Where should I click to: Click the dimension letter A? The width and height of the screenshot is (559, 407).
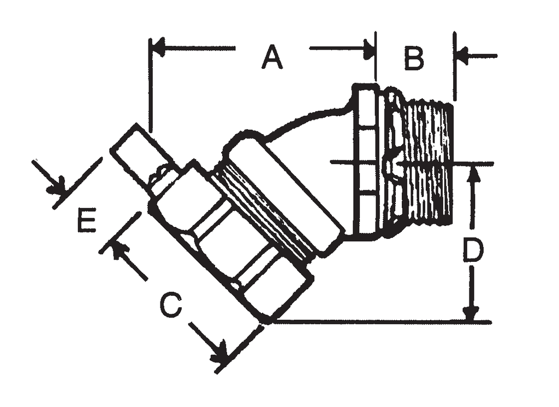click(x=272, y=57)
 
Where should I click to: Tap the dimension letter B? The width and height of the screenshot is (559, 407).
click(x=414, y=59)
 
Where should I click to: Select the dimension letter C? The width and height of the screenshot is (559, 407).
click(x=170, y=306)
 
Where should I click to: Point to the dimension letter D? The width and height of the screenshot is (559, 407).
click(x=473, y=251)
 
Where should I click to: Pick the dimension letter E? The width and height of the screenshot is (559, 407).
click(x=87, y=220)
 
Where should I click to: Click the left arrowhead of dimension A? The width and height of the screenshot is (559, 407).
click(x=158, y=48)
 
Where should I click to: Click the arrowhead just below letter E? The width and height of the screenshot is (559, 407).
click(x=120, y=250)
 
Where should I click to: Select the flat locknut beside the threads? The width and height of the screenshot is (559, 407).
click(x=364, y=161)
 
